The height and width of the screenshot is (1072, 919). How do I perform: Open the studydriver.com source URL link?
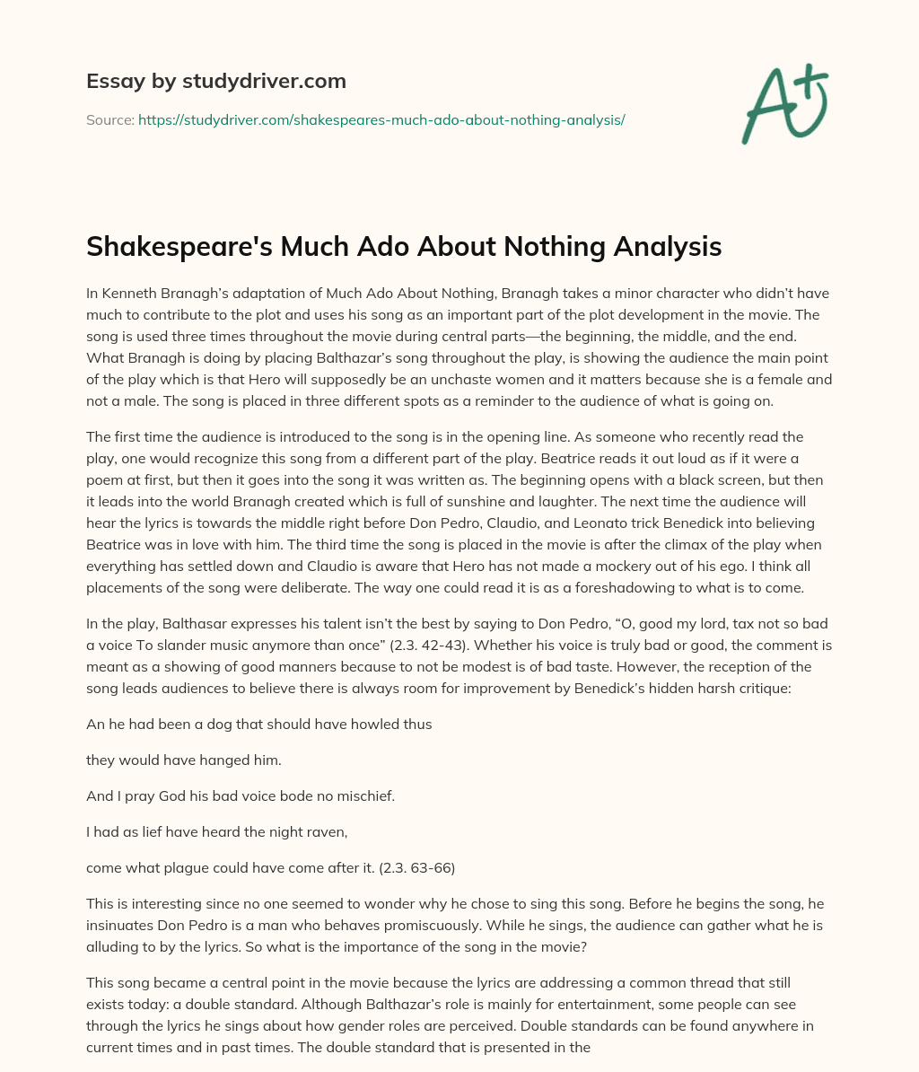tap(381, 119)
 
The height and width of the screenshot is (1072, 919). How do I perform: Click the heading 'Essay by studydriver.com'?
tap(216, 81)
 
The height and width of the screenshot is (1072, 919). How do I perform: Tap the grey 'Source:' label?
tap(109, 119)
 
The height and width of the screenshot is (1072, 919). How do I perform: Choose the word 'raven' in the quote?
tap(326, 831)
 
